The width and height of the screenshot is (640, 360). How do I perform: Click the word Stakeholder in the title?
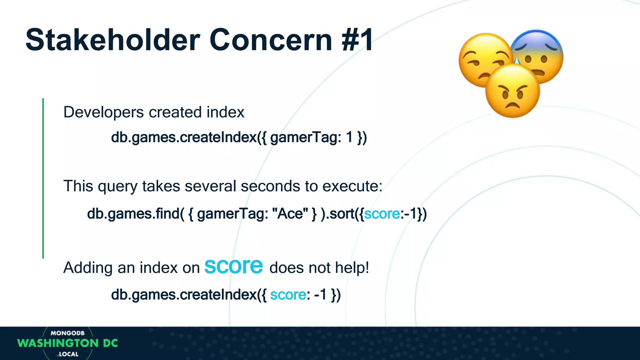click(112, 40)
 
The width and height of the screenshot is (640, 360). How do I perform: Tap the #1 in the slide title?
click(357, 40)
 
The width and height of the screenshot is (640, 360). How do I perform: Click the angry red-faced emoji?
click(512, 91)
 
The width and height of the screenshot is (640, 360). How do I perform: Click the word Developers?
click(103, 112)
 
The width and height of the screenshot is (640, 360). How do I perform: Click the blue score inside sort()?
click(382, 214)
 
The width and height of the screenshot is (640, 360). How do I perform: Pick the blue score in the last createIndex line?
click(288, 295)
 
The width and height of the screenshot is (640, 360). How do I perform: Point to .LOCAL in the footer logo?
click(68, 354)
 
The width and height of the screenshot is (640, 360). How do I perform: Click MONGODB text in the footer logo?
click(67, 333)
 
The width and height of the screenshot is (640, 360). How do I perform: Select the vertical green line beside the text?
click(43, 178)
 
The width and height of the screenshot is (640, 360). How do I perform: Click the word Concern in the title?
click(271, 40)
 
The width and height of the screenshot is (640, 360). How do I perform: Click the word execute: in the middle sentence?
click(352, 186)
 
